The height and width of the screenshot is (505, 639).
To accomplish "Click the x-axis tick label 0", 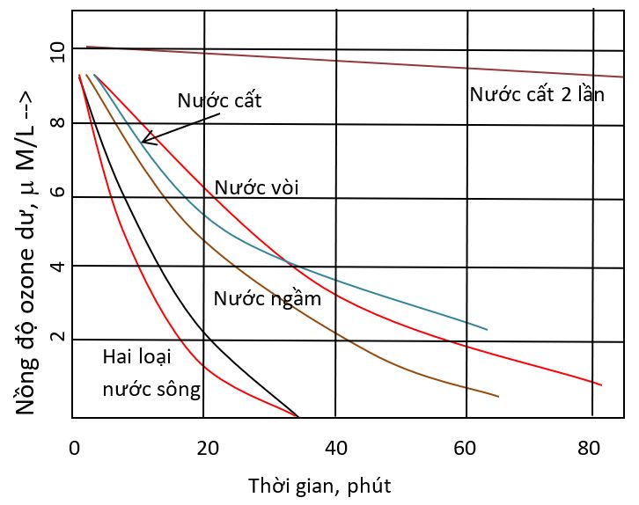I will click(74, 447).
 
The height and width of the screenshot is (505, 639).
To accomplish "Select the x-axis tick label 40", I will click(336, 447).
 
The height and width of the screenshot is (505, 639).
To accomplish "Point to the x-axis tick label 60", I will click(467, 447).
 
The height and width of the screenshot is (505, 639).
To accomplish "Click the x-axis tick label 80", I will click(598, 447).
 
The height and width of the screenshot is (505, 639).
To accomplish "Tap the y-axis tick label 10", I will click(57, 52).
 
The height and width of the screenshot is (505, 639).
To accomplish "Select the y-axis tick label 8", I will click(57, 123).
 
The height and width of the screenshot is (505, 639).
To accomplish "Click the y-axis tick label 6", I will click(57, 195).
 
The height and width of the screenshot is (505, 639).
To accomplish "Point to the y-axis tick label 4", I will click(57, 267).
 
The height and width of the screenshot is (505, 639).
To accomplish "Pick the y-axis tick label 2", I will click(57, 340).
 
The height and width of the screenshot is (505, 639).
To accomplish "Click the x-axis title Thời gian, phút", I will click(319, 485).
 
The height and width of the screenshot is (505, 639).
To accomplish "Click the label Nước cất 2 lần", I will click(537, 95).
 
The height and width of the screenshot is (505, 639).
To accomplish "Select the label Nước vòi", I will click(258, 188).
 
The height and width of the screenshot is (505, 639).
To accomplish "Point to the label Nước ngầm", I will click(268, 298).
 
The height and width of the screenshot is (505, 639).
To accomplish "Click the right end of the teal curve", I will click(487, 330).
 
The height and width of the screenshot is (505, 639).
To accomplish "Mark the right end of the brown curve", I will click(498, 397).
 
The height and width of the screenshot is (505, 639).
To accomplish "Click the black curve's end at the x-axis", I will click(298, 416).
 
